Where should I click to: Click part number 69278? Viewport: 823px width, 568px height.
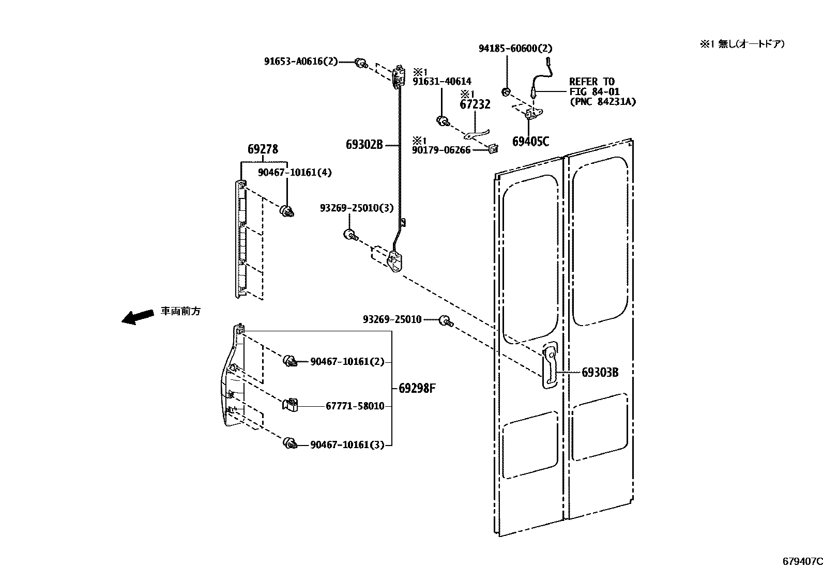click(x=263, y=150)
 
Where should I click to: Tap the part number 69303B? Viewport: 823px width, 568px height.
click(x=600, y=372)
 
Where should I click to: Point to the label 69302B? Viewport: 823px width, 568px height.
click(x=364, y=145)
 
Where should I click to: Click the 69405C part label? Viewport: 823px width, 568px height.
click(x=530, y=142)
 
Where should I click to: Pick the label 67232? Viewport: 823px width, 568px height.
click(x=475, y=105)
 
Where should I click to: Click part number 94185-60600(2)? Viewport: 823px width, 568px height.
click(x=515, y=49)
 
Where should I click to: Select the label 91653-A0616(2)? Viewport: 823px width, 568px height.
click(x=300, y=62)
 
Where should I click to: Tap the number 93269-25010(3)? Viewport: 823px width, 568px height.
click(x=356, y=208)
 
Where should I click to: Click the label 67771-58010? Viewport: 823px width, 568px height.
click(x=355, y=406)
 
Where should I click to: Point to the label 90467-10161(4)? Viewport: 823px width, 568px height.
click(x=295, y=173)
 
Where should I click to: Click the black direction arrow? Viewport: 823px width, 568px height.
click(x=138, y=316)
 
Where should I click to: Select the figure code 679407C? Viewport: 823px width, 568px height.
click(x=802, y=561)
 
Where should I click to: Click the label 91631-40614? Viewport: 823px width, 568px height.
click(x=441, y=82)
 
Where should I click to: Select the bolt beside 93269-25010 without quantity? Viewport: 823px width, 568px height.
click(x=445, y=321)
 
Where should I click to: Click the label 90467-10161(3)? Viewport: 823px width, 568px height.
click(x=347, y=444)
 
